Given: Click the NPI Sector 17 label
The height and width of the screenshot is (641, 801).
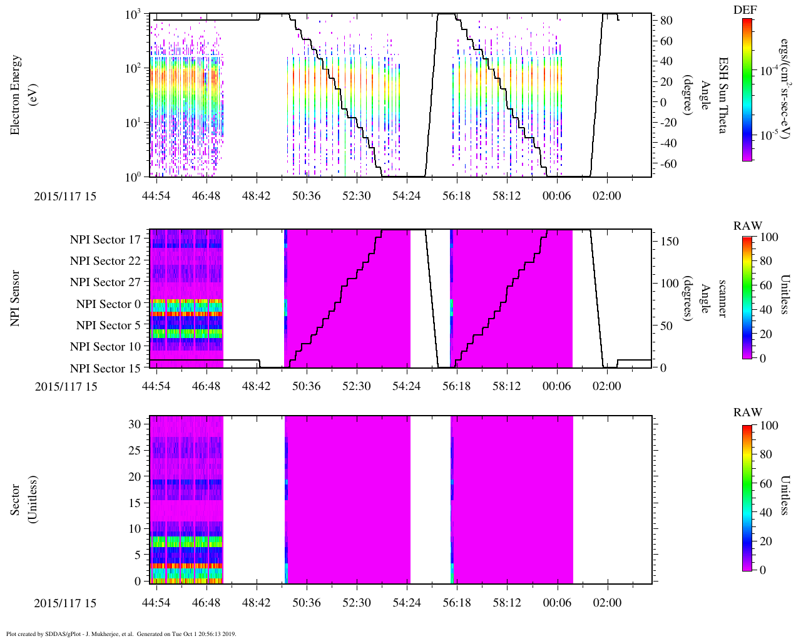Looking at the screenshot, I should pos(105,240).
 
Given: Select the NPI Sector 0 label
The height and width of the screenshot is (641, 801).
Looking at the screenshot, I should pos(108,304).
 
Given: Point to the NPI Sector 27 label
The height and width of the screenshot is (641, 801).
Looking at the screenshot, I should pos(105,282).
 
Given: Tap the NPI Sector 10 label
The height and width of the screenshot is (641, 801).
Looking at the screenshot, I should pos(105,347).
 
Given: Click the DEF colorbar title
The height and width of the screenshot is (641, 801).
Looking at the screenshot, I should pos(745,10).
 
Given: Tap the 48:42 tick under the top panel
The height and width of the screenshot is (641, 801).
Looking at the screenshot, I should pos(256,196).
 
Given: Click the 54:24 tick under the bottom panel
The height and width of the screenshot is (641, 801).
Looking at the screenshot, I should pos(406,603).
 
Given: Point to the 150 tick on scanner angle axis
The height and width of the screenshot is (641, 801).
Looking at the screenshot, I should pos(670,242).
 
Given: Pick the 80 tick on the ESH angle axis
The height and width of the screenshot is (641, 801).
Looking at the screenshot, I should pos(666,21).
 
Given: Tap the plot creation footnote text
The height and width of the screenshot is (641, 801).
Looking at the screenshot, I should pos(121,633).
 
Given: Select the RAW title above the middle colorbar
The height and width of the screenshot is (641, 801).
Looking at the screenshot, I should pos(748,226).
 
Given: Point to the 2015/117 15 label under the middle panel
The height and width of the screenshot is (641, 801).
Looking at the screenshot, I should pos(66,386).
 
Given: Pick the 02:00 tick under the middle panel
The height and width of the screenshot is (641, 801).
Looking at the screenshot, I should pos(606,386).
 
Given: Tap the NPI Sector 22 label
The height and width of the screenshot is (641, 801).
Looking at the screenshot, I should pos(105,261).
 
